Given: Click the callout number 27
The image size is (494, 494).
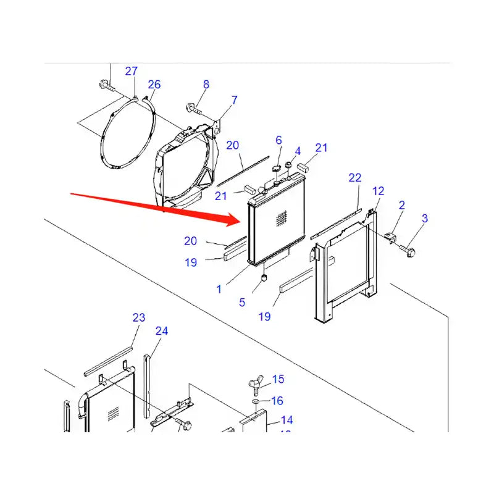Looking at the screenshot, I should pyautogui.click(x=132, y=71).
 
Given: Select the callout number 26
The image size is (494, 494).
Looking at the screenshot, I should pyautogui.click(x=154, y=84).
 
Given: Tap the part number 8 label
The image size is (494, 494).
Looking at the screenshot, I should pyautogui.click(x=206, y=84).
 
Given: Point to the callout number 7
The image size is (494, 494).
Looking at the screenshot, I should pyautogui.click(x=234, y=99).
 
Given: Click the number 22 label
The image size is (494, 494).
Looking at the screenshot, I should pyautogui.click(x=354, y=177).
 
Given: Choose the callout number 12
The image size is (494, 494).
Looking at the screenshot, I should pyautogui.click(x=379, y=191).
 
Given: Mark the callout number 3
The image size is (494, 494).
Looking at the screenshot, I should pyautogui.click(x=425, y=218).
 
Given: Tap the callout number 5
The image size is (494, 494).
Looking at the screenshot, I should pyautogui.click(x=242, y=302).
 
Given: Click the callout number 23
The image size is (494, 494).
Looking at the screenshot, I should pyautogui.click(x=139, y=317).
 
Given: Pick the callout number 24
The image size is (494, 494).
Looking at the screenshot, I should pyautogui.click(x=161, y=331).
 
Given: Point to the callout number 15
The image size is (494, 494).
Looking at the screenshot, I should pyautogui.click(x=278, y=379).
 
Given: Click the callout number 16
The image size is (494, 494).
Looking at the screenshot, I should pyautogui.click(x=277, y=401).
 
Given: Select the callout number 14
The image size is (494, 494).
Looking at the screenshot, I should pyautogui.click(x=287, y=420).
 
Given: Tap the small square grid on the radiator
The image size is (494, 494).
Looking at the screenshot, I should pyautogui.click(x=282, y=217).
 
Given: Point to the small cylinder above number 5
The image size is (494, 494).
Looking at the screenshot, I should pyautogui.click(x=264, y=278).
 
